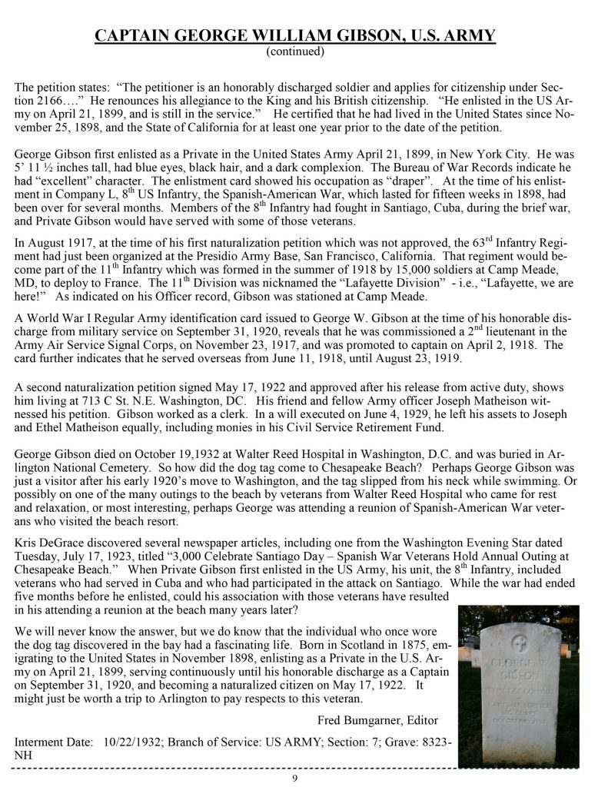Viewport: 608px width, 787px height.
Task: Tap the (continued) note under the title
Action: (x=295, y=51)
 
